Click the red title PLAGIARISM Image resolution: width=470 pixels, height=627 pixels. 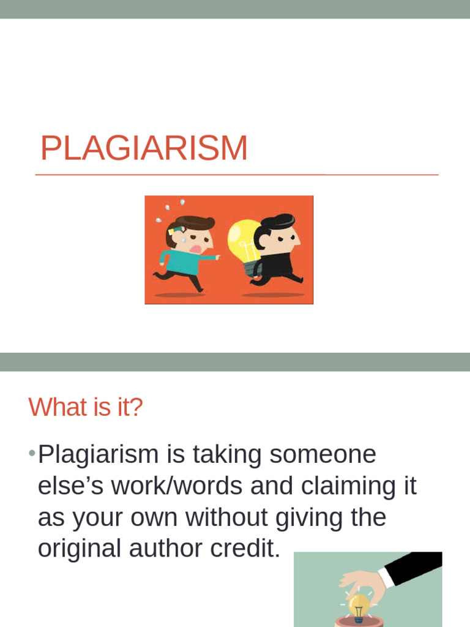144,149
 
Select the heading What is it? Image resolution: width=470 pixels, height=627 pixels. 85,407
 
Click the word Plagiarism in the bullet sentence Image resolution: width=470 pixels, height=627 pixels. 98,454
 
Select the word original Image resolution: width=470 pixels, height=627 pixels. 79,549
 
